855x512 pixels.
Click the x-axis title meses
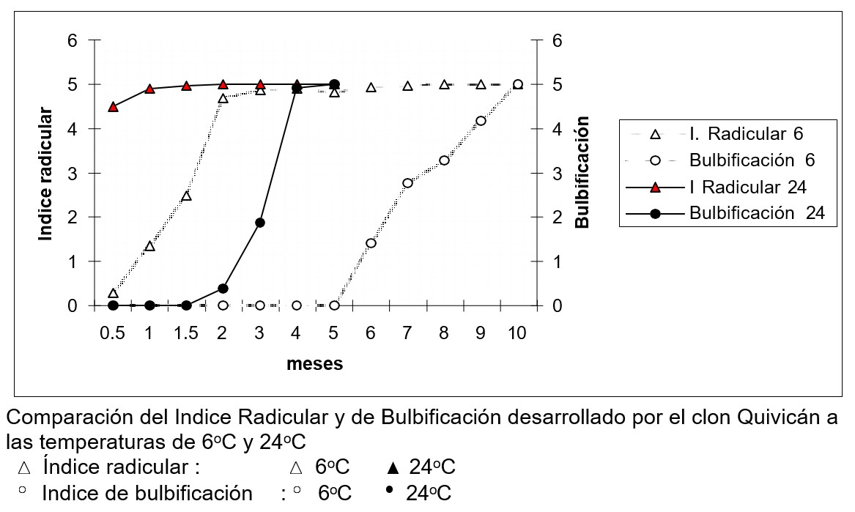314,364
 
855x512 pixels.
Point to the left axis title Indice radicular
46,174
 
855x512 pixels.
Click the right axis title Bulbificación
582,171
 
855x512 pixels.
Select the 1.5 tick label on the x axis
186,333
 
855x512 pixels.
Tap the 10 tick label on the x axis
517,333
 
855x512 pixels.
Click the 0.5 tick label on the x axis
112,333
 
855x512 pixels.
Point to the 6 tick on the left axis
73,40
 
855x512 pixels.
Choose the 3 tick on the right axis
557,174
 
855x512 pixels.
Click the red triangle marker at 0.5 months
113,107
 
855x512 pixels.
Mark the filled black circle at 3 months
259,223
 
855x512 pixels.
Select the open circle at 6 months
371,243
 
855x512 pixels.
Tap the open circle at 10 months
517,84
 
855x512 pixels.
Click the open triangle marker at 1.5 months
187,196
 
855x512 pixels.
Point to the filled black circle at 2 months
223,289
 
